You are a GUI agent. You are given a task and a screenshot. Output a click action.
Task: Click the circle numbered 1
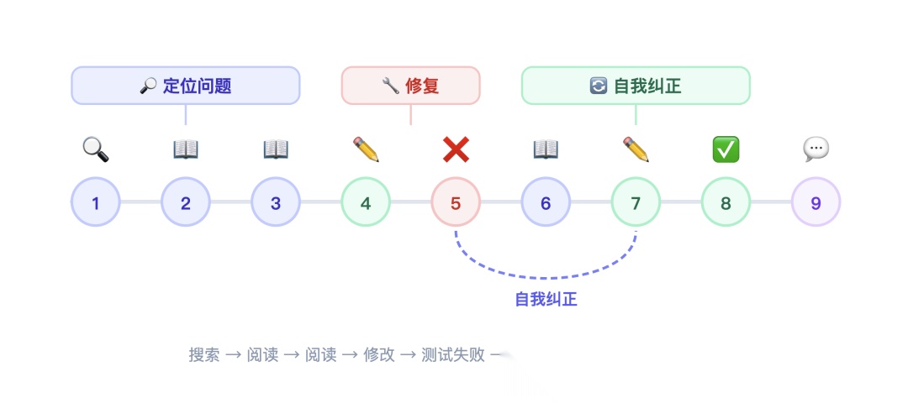[96, 201]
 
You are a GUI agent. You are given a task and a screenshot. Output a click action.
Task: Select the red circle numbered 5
[456, 201]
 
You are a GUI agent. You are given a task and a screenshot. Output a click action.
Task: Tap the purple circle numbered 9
[816, 201]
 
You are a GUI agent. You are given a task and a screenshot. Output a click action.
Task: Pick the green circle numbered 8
[726, 201]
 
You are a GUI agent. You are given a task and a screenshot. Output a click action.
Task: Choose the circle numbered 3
[276, 201]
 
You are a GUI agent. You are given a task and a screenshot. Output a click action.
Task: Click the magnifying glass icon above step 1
[96, 149]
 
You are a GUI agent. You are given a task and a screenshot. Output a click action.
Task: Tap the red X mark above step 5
[456, 149]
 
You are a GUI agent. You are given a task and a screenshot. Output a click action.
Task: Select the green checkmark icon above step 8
[726, 149]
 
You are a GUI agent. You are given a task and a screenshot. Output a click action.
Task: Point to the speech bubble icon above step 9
[816, 149]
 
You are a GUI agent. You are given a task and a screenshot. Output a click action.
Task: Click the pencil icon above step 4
[366, 149]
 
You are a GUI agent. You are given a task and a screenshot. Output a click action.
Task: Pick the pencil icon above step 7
[636, 149]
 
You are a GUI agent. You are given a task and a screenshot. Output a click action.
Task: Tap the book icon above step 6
[546, 149]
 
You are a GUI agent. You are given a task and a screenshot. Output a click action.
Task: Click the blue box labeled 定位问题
[185, 86]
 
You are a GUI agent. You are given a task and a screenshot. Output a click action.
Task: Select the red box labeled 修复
[410, 86]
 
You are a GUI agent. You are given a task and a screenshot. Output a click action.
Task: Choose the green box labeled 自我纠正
[636, 86]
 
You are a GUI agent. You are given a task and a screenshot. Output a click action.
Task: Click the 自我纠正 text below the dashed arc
[546, 300]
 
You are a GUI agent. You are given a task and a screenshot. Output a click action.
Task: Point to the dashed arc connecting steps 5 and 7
[546, 278]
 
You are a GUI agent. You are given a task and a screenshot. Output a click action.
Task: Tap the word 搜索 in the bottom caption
[204, 354]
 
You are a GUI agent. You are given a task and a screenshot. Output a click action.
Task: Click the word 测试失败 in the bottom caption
[453, 354]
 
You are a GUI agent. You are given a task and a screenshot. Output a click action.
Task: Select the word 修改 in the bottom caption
[379, 354]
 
